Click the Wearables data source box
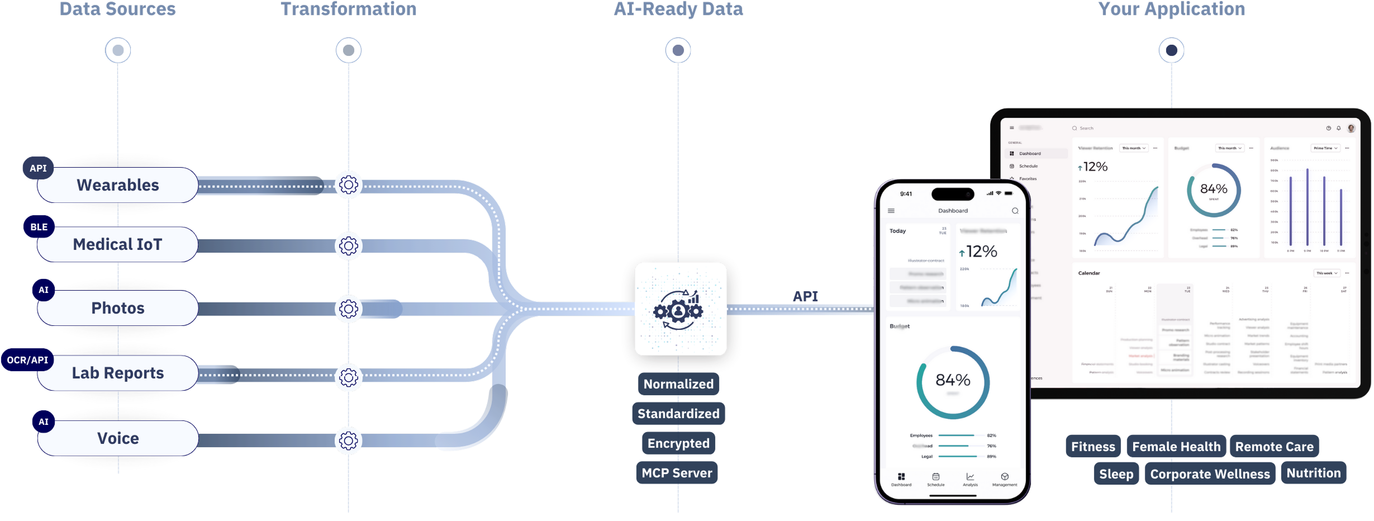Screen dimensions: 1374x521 tap(118, 185)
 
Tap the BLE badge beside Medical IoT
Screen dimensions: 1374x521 tap(39, 227)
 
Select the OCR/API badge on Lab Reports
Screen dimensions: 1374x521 tap(27, 360)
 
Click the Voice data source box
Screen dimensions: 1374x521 tap(118, 438)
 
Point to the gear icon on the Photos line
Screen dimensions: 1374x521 tap(349, 309)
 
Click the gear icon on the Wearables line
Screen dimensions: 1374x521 tap(349, 185)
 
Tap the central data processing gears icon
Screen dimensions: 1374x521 tap(679, 309)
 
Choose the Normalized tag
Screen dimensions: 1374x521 tap(678, 384)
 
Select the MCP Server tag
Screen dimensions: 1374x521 tap(677, 473)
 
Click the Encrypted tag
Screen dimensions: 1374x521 tap(678, 443)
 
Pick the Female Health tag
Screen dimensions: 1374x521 tap(1176, 447)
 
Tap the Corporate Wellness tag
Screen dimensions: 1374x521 tap(1210, 474)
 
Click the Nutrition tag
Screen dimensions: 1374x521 tap(1313, 473)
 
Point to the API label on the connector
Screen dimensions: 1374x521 tap(805, 296)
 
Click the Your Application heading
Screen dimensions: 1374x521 tap(1171, 10)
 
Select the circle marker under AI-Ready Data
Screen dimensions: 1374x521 tap(678, 50)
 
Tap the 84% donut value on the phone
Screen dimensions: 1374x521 tap(953, 380)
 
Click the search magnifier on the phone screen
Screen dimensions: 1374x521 tap(1015, 211)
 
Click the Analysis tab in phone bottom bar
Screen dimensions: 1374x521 tap(970, 479)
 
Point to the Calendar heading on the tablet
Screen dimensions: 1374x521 tap(1089, 273)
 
